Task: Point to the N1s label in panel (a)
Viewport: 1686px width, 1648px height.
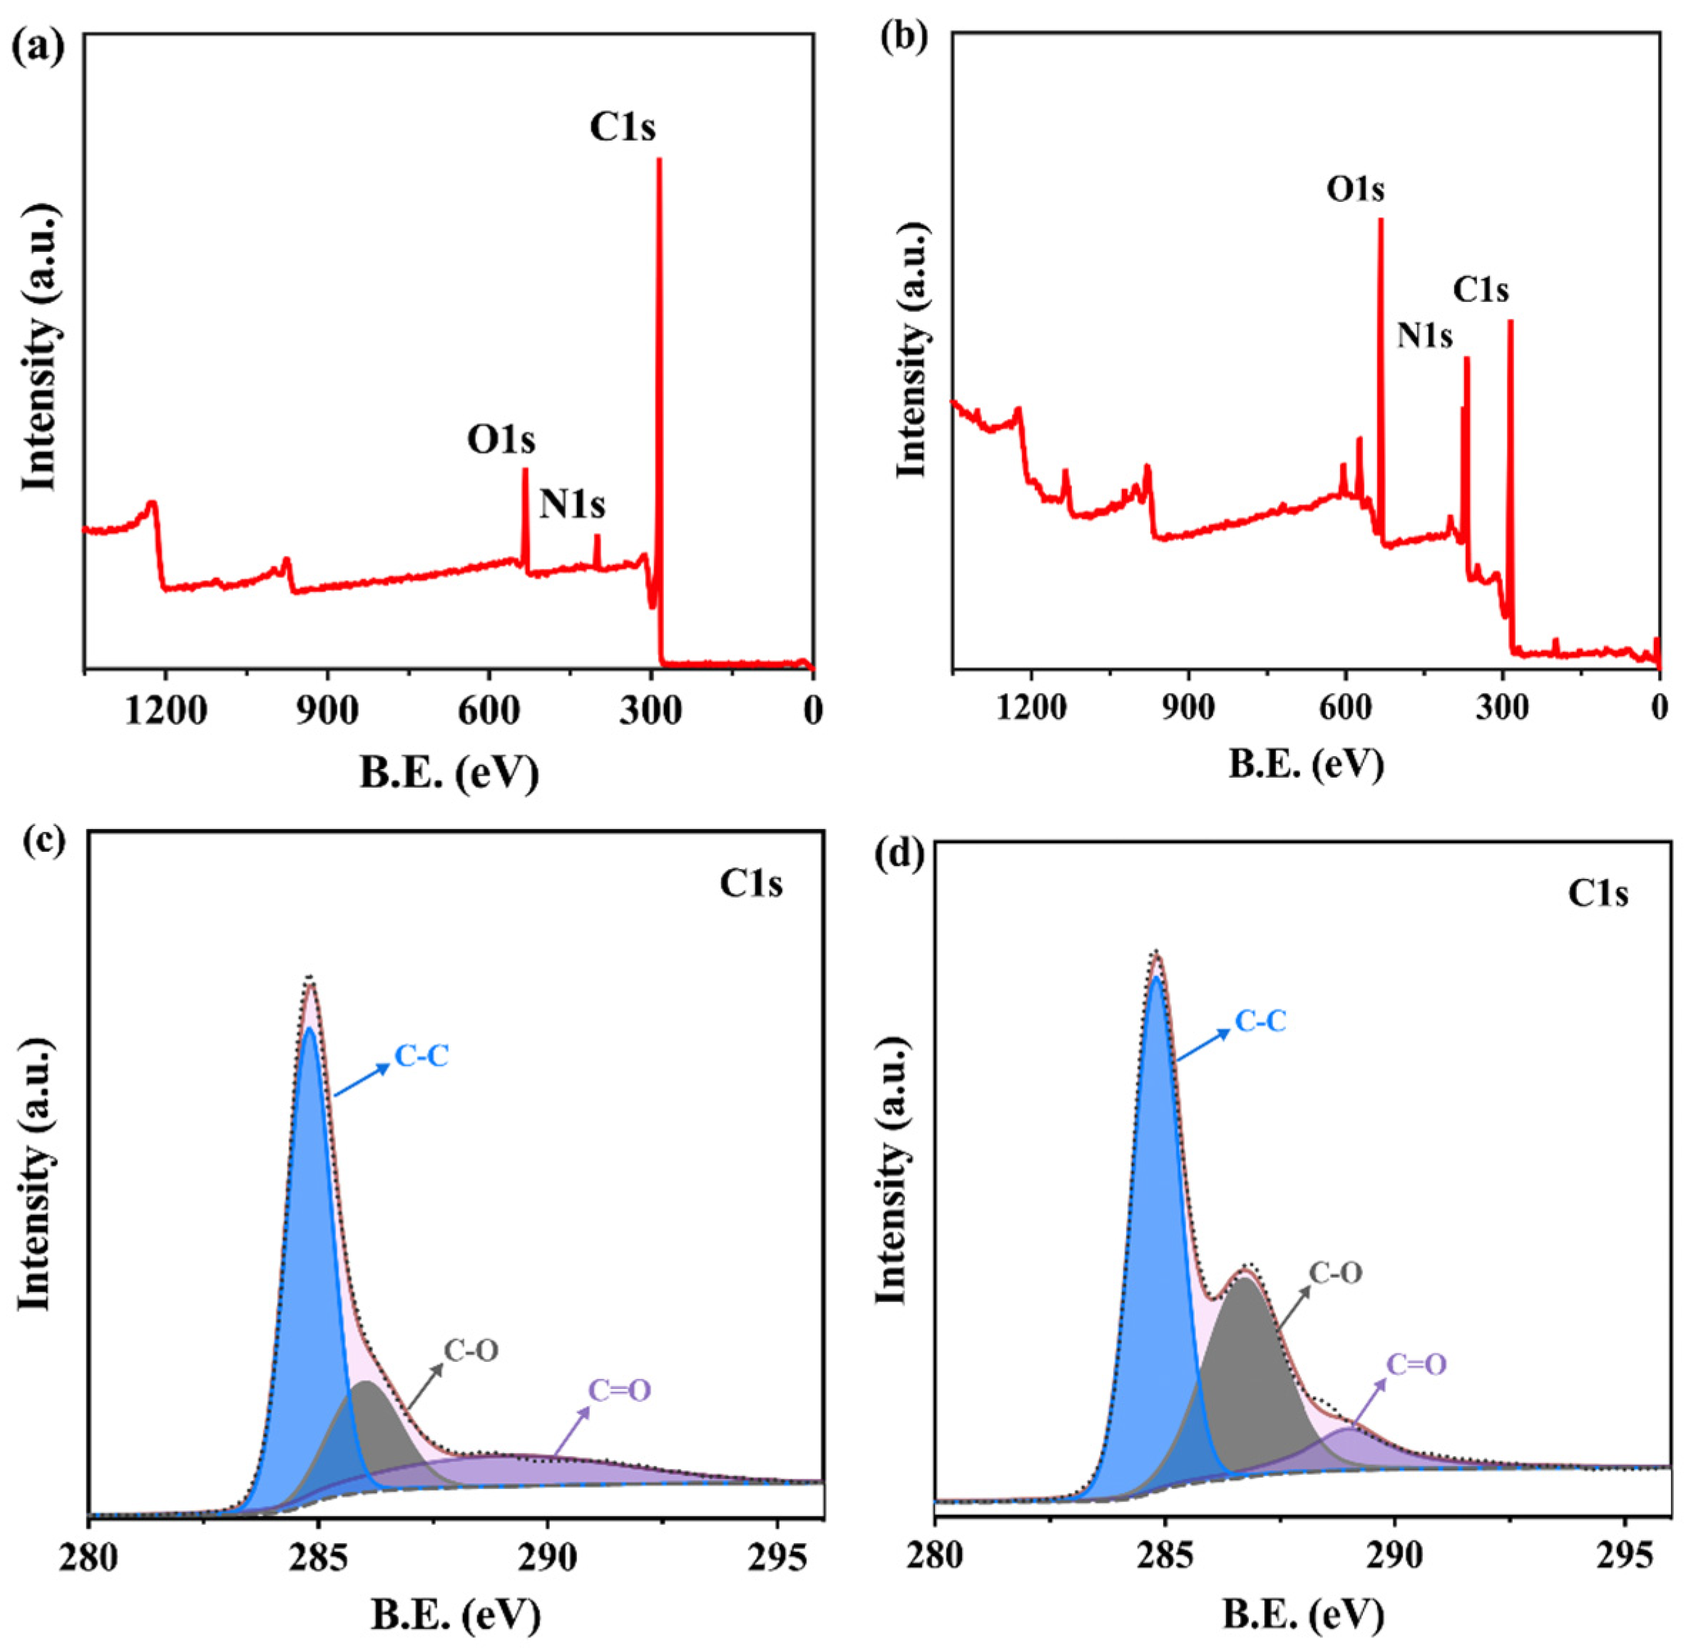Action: coord(572,504)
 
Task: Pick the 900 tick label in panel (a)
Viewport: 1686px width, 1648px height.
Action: coord(326,711)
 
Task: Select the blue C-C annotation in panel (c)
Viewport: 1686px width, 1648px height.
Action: coord(422,1056)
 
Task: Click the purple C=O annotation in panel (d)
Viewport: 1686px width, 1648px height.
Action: coord(1416,1365)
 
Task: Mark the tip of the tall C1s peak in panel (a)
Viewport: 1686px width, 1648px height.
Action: coord(659,160)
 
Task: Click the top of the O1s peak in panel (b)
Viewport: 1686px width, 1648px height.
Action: coord(1381,220)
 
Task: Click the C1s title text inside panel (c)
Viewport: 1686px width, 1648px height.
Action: coord(751,885)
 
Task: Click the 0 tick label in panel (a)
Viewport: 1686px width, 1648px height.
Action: coord(812,711)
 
